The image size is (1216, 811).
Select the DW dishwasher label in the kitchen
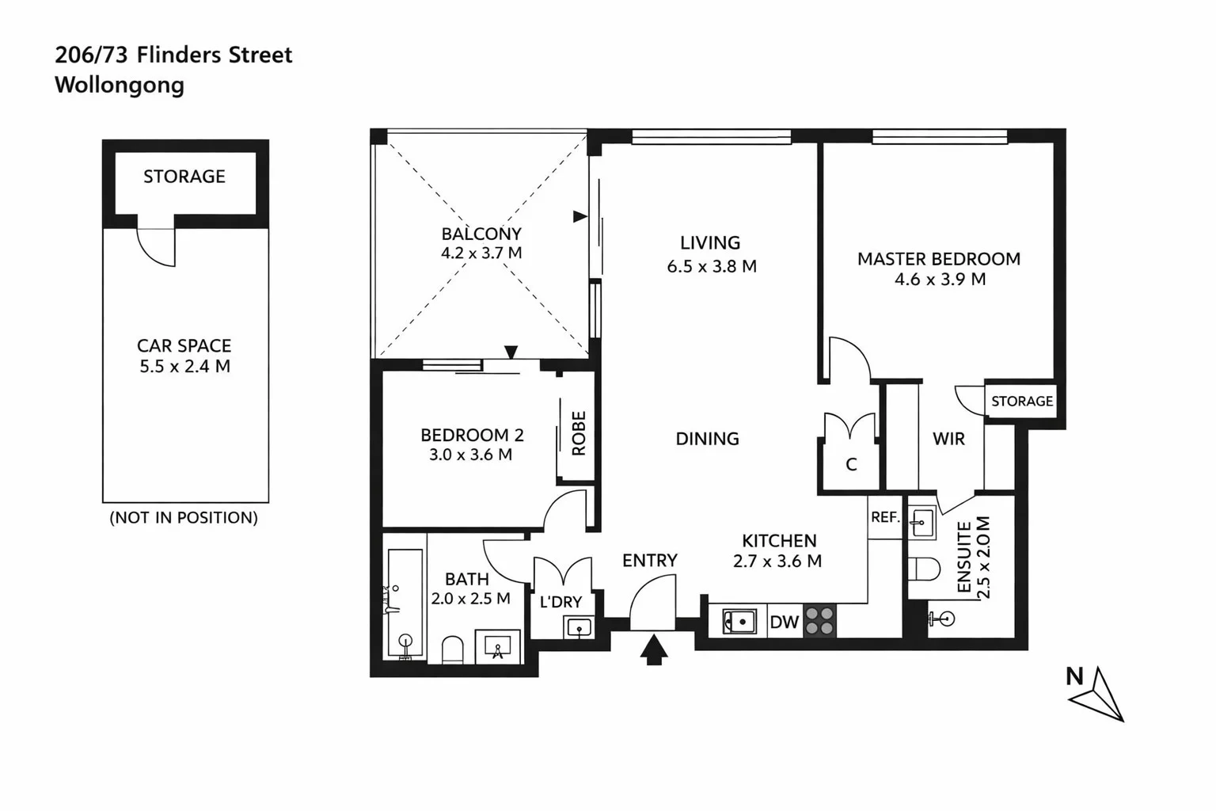pyautogui.click(x=784, y=623)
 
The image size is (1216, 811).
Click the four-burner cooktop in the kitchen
pyautogui.click(x=820, y=622)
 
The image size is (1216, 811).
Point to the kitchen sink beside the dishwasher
pyautogui.click(x=739, y=622)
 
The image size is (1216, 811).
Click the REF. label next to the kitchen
pyautogui.click(x=885, y=517)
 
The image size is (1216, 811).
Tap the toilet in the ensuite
pyautogui.click(x=924, y=569)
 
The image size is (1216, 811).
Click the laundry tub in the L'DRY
pyautogui.click(x=579, y=628)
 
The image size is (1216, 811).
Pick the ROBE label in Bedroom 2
pyautogui.click(x=579, y=433)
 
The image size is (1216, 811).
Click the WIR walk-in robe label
pyautogui.click(x=948, y=439)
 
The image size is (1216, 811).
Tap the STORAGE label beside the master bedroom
pyautogui.click(x=1022, y=401)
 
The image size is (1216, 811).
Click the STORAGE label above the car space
pyautogui.click(x=184, y=177)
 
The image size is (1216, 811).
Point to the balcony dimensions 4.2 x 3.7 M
pyautogui.click(x=481, y=253)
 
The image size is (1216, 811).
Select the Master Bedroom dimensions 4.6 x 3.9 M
pyautogui.click(x=940, y=279)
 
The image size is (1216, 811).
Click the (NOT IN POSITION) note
pyautogui.click(x=184, y=518)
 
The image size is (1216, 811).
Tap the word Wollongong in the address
pyautogui.click(x=120, y=85)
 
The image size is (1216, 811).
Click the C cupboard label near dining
pyautogui.click(x=851, y=465)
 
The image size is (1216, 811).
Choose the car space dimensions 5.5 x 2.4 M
pyautogui.click(x=185, y=367)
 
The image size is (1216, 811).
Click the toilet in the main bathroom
pyautogui.click(x=451, y=649)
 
